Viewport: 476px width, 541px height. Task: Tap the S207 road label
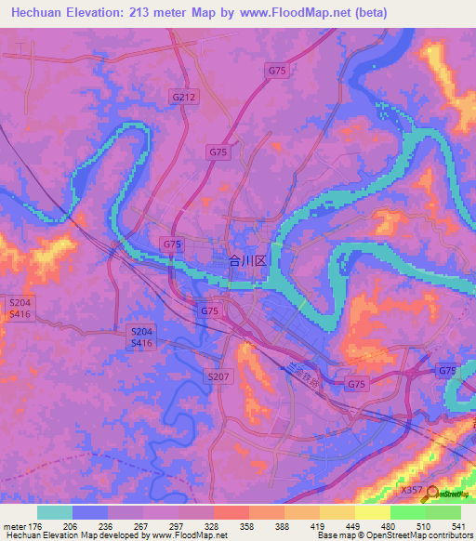216,375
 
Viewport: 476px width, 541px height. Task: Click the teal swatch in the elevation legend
55,512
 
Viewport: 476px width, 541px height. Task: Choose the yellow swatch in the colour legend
372,512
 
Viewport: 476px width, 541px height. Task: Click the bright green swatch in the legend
407,512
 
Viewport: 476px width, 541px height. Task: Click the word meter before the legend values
14,525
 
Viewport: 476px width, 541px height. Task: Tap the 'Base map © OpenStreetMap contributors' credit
393,535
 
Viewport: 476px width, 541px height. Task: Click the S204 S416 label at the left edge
20,310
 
